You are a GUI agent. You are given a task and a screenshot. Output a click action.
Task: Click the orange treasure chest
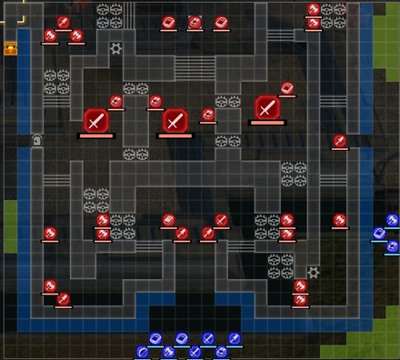pos(11,49)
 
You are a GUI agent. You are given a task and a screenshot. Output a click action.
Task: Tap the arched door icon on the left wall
pos(37,140)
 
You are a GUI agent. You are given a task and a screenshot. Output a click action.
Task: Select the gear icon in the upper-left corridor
pos(116,48)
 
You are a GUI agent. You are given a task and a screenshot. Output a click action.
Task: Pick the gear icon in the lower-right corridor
pos(314,272)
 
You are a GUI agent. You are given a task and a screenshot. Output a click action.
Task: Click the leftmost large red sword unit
pos(96,120)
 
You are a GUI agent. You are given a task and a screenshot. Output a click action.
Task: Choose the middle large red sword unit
pos(175,120)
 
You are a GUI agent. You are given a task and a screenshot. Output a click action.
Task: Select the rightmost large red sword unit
pos(266,108)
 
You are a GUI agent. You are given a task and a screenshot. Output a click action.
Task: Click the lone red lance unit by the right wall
pos(340,141)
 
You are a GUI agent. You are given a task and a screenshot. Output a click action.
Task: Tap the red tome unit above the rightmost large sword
pos(287,88)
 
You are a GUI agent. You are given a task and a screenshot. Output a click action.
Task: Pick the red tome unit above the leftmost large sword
pos(116,102)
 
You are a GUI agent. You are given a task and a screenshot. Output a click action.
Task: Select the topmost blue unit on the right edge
pos(393,220)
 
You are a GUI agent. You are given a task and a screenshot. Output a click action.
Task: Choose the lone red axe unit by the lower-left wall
pos(50,234)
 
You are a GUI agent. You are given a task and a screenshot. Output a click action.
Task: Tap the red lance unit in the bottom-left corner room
pos(64,299)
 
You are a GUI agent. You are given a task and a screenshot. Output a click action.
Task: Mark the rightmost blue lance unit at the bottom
pos(235,339)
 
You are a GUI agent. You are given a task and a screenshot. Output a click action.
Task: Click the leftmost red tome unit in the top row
pos(168,22)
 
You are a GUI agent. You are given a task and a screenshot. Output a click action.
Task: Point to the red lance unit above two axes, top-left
pos(64,22)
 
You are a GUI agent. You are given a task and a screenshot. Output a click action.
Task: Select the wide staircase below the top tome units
pos(188,69)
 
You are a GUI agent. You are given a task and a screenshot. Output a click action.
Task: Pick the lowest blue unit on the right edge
pos(393,246)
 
